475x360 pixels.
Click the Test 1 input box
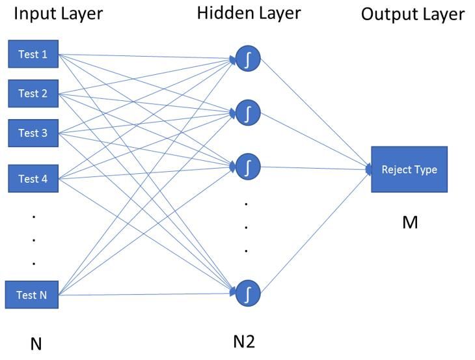[x=33, y=55]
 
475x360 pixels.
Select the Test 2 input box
[x=33, y=94]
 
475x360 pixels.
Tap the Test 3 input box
[x=33, y=133]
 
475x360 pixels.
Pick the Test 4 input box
[x=33, y=178]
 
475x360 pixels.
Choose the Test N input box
[x=32, y=295]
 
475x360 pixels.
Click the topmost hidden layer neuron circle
[x=248, y=59]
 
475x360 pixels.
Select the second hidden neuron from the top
[x=248, y=113]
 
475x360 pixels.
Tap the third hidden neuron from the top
[x=248, y=167]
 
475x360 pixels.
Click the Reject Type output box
[x=409, y=169]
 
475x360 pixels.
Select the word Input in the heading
[x=33, y=14]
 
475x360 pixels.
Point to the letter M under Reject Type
[x=410, y=223]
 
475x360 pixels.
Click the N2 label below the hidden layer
[x=244, y=340]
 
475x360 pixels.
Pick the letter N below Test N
[x=36, y=344]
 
